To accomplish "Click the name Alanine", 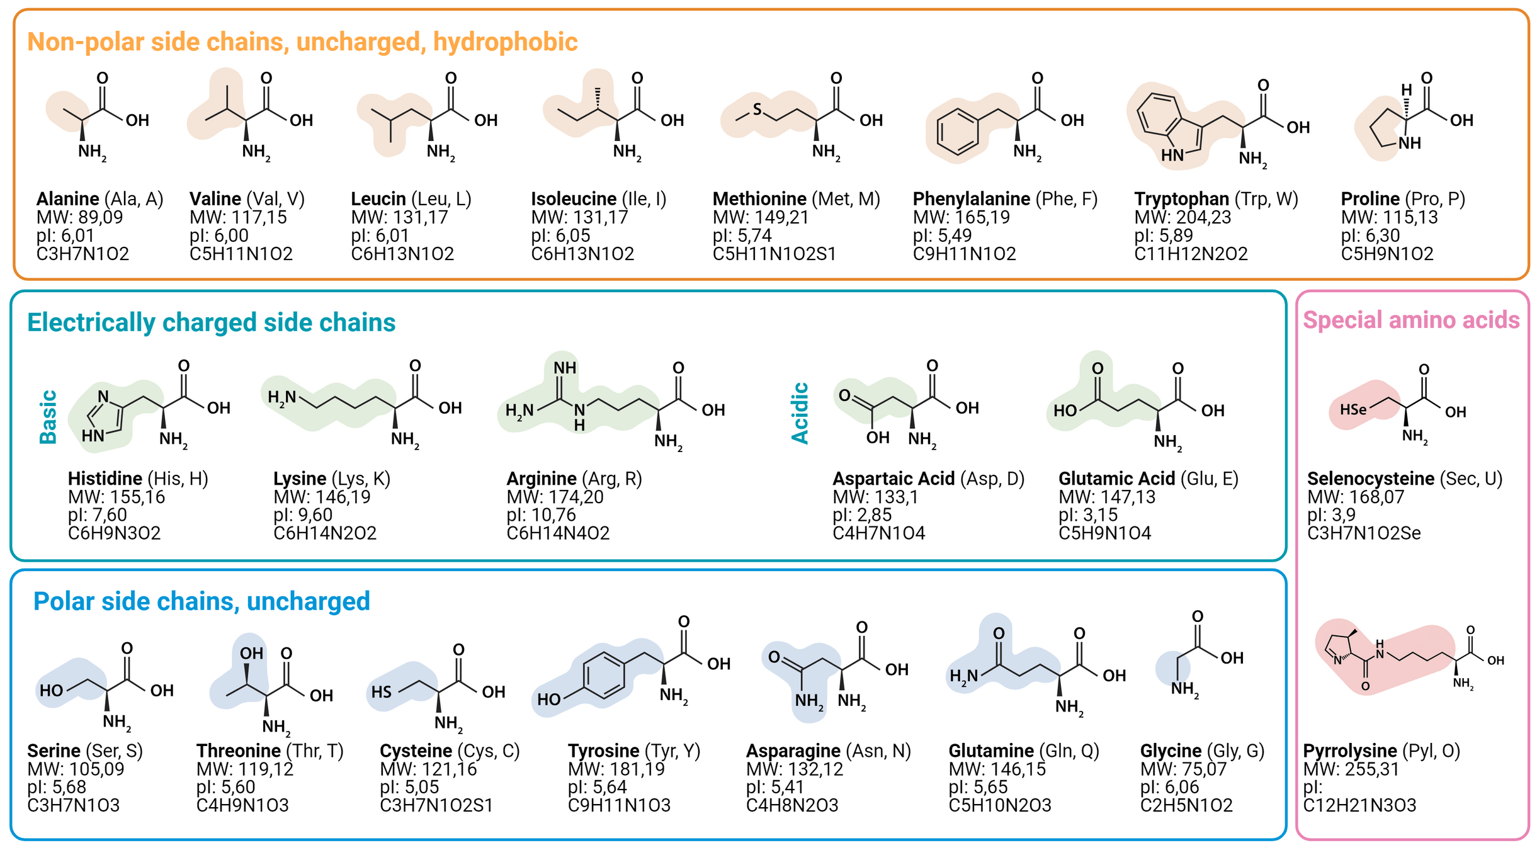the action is tap(67, 199).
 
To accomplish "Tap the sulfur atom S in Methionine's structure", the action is tap(757, 110).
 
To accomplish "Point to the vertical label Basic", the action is tap(48, 417).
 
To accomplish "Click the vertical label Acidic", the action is tap(800, 413).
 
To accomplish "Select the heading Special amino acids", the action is tap(1410, 320).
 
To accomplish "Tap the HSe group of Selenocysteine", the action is tap(1353, 410).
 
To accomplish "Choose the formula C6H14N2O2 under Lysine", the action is tap(324, 533).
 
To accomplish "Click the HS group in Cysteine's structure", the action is tap(381, 692).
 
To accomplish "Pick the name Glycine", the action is tap(1171, 751).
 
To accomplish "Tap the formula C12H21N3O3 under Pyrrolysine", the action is tap(1359, 805).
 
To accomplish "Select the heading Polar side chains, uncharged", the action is tap(201, 601).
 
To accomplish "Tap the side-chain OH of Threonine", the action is tap(251, 654).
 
